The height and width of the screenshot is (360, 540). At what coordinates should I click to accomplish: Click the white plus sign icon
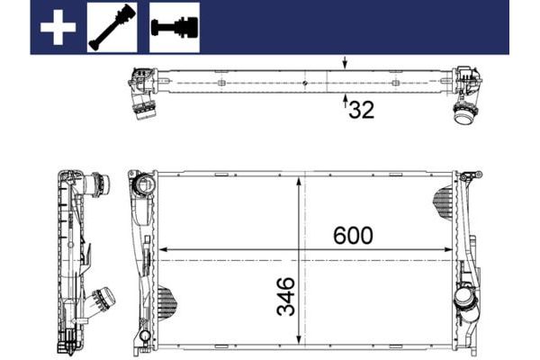[x=57, y=27]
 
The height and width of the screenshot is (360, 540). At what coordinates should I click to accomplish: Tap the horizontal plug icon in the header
[x=174, y=27]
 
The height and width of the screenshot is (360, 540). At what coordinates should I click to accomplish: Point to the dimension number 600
[x=353, y=236]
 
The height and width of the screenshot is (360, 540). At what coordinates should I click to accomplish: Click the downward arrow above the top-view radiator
[x=346, y=63]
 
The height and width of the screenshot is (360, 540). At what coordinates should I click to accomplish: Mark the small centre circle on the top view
[x=306, y=85]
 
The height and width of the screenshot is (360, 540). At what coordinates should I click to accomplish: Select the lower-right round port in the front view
[x=465, y=298]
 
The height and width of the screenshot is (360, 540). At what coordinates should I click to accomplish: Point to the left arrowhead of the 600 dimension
[x=163, y=249]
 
